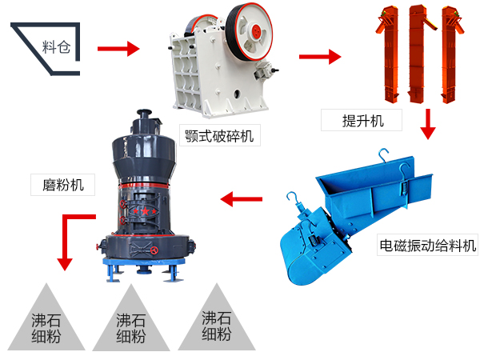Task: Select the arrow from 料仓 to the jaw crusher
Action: tap(118, 49)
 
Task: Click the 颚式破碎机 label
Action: tap(218, 134)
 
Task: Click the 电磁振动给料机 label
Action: tap(427, 245)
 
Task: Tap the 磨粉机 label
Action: tap(62, 185)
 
